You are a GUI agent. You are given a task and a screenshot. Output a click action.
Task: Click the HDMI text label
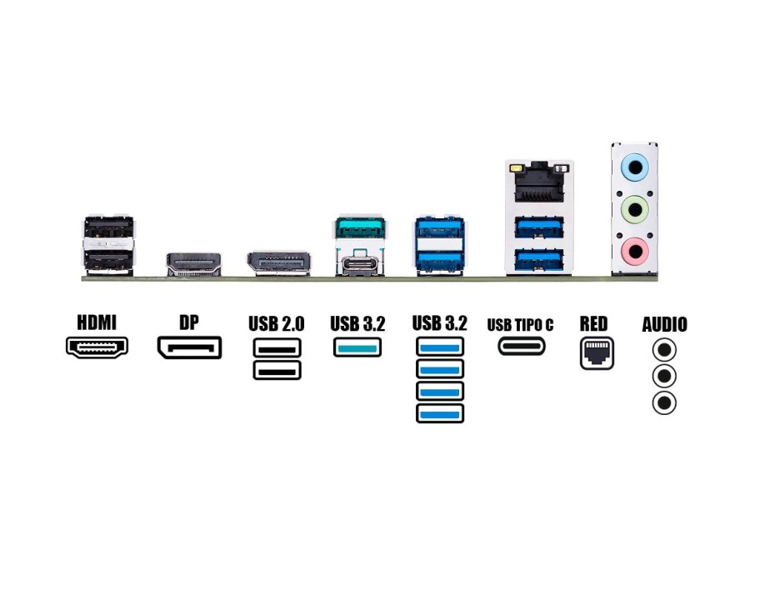tap(97, 322)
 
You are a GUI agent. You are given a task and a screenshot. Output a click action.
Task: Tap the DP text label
tap(189, 322)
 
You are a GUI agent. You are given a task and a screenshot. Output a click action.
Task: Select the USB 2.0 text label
tap(277, 323)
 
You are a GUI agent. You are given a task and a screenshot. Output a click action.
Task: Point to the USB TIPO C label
tap(520, 324)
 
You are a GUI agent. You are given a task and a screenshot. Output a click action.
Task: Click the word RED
tap(594, 323)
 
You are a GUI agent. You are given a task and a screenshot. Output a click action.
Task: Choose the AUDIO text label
tap(664, 324)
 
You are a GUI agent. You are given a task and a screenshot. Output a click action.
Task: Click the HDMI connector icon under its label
tap(97, 347)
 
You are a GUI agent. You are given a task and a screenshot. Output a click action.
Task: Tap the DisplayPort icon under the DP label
tap(189, 347)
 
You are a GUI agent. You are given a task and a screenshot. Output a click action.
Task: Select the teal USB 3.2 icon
tap(358, 347)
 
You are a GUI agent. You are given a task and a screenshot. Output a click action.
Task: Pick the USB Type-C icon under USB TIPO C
tap(522, 346)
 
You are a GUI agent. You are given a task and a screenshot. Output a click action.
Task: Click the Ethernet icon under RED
tap(597, 353)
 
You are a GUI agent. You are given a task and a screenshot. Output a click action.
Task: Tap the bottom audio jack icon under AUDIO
tap(664, 403)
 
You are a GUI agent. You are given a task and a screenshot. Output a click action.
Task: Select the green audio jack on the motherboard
tap(635, 208)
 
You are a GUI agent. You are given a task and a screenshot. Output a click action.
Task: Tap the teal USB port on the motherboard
tap(359, 227)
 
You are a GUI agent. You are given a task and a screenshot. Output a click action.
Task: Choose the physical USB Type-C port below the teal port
tap(359, 264)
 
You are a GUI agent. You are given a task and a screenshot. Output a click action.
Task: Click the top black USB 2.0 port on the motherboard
tap(108, 227)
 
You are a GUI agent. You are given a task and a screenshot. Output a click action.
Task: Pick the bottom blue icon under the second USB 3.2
tap(439, 412)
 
